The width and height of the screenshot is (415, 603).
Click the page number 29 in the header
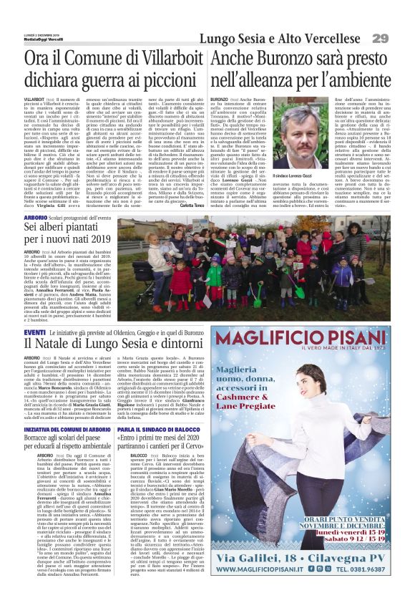pyautogui.click(x=399, y=37)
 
